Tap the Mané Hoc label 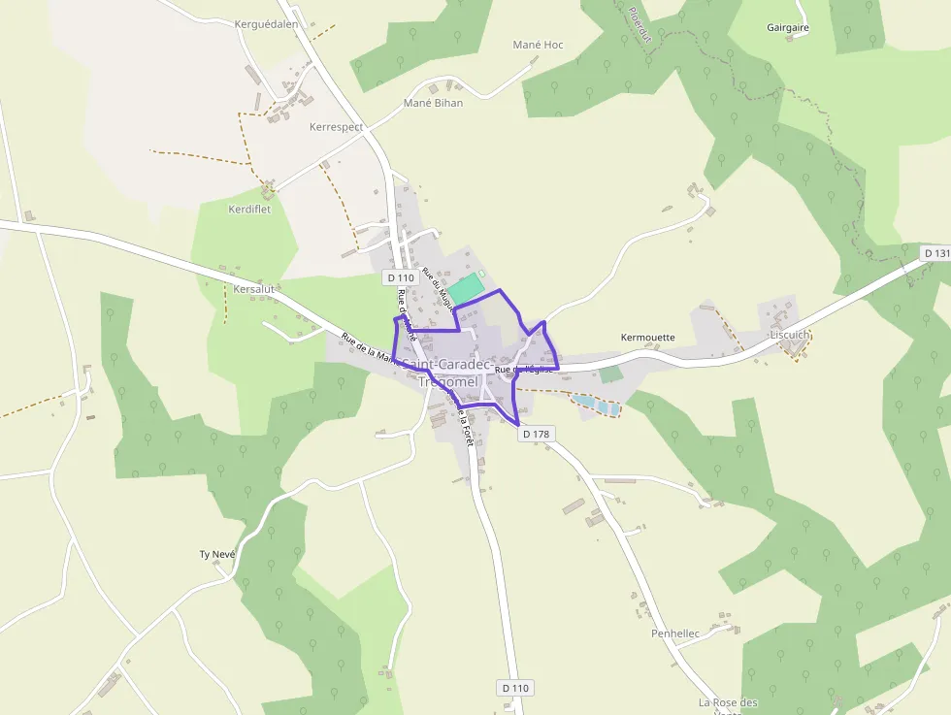[x=538, y=45]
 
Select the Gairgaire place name [x=787, y=27]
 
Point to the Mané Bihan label [x=433, y=103]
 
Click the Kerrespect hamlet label [x=336, y=127]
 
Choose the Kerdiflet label [x=249, y=209]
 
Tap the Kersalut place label [x=255, y=289]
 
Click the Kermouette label [x=647, y=338]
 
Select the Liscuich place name [x=788, y=335]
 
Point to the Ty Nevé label [x=217, y=554]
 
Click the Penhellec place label [x=675, y=634]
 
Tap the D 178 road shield [x=537, y=435]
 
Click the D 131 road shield [x=935, y=253]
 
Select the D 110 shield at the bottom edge [x=516, y=688]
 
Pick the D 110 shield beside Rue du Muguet [x=400, y=277]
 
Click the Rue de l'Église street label [x=523, y=370]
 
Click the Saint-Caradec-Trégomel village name [x=447, y=373]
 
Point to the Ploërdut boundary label [x=639, y=25]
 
